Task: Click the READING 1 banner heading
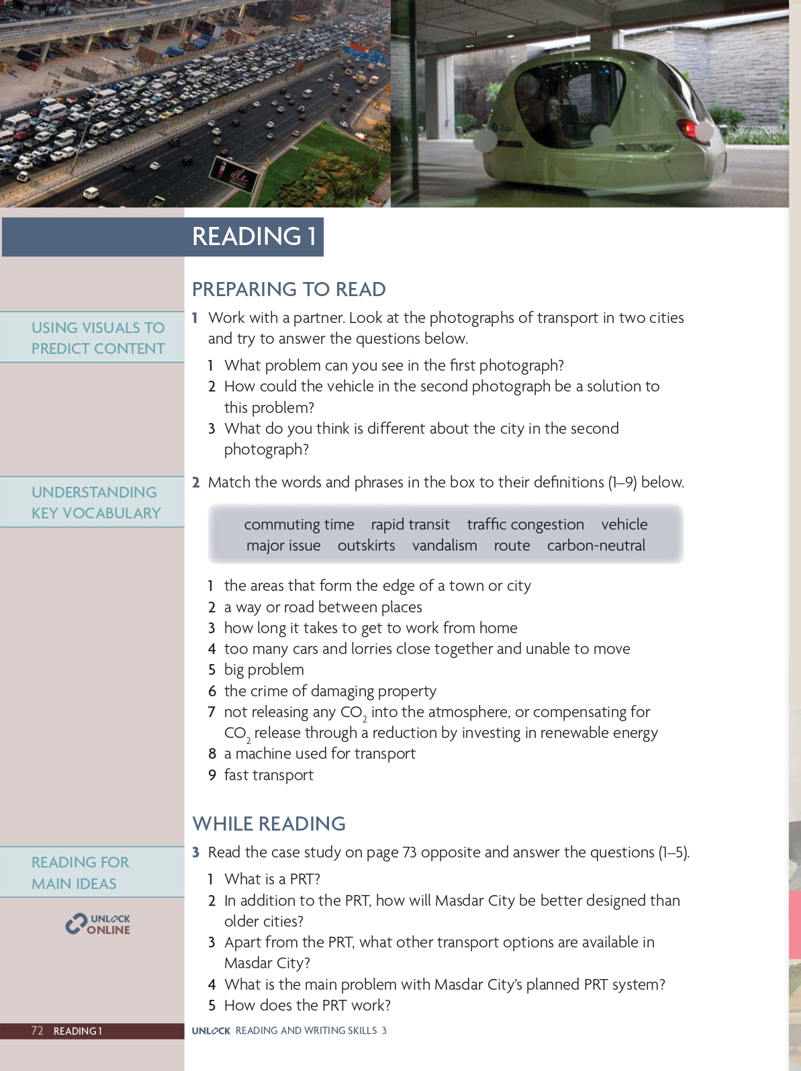(x=254, y=236)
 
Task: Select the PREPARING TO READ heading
(x=289, y=289)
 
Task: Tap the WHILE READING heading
(x=269, y=824)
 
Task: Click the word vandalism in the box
(x=444, y=545)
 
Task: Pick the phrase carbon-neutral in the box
(x=596, y=545)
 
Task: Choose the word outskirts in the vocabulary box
(x=366, y=545)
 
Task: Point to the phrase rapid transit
(x=410, y=524)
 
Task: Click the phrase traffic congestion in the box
(x=525, y=524)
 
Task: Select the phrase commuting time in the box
(x=299, y=524)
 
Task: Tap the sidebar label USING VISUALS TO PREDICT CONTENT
(x=98, y=338)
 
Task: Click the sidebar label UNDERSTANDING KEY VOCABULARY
(x=96, y=502)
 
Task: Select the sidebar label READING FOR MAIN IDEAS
(x=81, y=872)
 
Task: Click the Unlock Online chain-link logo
(x=76, y=924)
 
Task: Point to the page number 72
(x=38, y=1031)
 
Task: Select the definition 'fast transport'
(x=269, y=775)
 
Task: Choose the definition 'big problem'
(x=264, y=669)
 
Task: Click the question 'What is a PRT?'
(x=272, y=879)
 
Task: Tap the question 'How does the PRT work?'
(x=307, y=1005)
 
